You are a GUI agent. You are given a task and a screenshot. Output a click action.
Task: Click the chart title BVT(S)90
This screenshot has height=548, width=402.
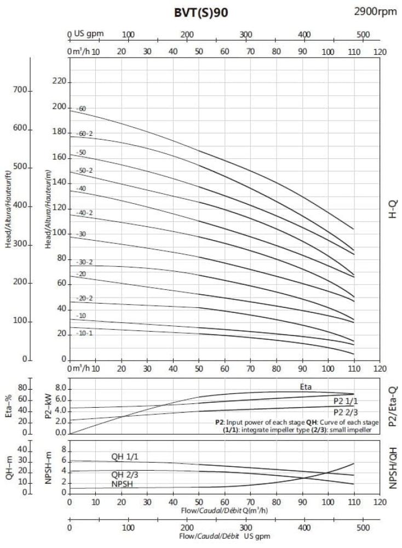pyautogui.click(x=198, y=13)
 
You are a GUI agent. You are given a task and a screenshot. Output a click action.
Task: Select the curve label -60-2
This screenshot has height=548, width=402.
pyautogui.click(x=85, y=134)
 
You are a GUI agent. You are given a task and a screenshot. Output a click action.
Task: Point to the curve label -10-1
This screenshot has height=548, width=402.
pyautogui.click(x=85, y=333)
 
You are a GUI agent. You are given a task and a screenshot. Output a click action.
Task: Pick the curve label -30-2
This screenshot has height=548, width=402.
pyautogui.click(x=85, y=262)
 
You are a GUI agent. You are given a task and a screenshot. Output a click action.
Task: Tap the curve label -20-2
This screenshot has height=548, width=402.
pyautogui.click(x=85, y=298)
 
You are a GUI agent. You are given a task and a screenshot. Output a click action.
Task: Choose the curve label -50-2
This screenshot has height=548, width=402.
pyautogui.click(x=85, y=170)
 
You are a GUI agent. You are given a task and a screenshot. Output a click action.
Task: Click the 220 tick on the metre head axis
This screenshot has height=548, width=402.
pyautogui.click(x=59, y=82)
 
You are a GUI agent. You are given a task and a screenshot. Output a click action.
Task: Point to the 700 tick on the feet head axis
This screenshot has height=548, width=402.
pyautogui.click(x=20, y=90)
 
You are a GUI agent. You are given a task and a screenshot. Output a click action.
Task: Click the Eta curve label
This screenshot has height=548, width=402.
pyautogui.click(x=306, y=387)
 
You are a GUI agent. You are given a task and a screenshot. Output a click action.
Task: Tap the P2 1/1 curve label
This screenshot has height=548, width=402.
pyautogui.click(x=346, y=401)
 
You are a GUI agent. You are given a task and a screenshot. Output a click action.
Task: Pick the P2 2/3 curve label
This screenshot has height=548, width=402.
pyautogui.click(x=346, y=412)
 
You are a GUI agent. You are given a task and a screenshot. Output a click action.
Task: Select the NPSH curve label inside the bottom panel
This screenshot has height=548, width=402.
pyautogui.click(x=123, y=484)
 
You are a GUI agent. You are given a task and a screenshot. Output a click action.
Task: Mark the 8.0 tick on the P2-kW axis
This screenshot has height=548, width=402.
pyautogui.click(x=60, y=388)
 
